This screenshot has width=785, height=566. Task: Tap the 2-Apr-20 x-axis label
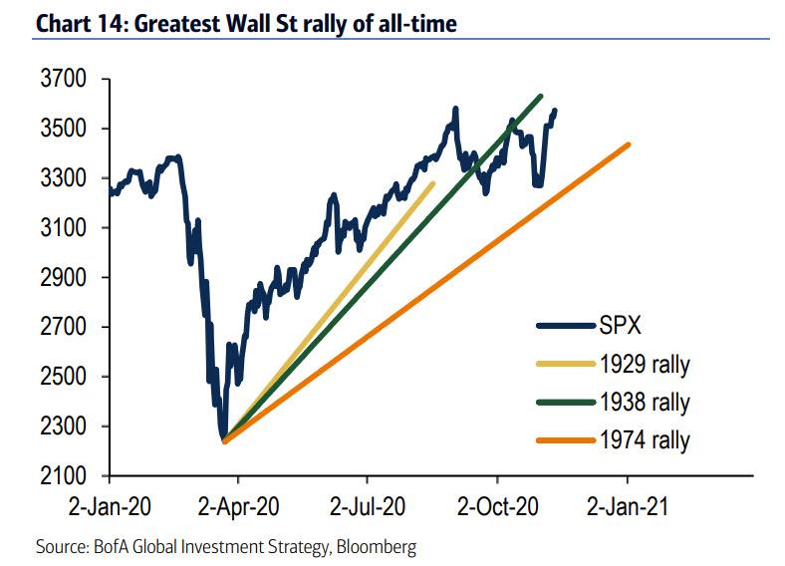pos(239,506)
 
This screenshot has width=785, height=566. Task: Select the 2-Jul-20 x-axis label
pos(369,506)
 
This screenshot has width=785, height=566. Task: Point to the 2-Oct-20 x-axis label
pos(498,506)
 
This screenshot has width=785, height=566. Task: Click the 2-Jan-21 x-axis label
pos(629,506)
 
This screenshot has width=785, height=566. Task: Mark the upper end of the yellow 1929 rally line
pos(432,183)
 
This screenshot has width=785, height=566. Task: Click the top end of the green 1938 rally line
pos(540,97)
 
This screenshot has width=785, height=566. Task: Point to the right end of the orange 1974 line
pos(629,144)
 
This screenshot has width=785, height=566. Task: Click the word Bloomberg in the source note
pos(375,546)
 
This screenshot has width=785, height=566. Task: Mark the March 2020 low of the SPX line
pos(224,437)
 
